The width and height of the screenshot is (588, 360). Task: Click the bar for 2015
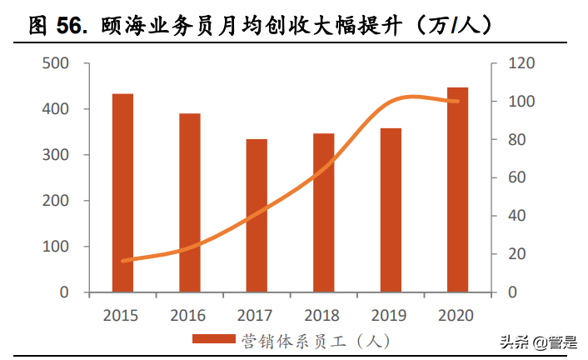click(122, 193)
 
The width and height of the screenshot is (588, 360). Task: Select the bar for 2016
click(190, 203)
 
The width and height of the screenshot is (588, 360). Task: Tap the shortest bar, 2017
click(257, 216)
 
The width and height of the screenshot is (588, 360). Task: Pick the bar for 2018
click(323, 213)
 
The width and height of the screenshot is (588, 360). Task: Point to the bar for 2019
click(391, 211)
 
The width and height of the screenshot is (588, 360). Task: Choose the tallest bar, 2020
click(457, 190)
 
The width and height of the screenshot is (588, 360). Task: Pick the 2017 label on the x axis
click(256, 316)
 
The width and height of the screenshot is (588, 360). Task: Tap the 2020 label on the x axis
click(456, 316)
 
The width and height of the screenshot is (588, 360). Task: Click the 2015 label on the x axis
click(122, 316)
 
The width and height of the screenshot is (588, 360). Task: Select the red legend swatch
click(214, 339)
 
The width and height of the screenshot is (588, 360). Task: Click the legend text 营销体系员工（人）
click(316, 340)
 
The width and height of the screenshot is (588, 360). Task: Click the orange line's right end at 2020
click(457, 102)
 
